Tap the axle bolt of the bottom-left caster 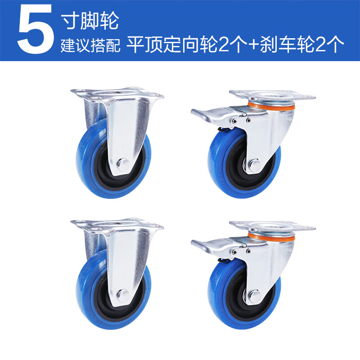[x=122, y=296]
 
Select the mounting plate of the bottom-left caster [x=117, y=224]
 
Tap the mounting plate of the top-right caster [x=272, y=96]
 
